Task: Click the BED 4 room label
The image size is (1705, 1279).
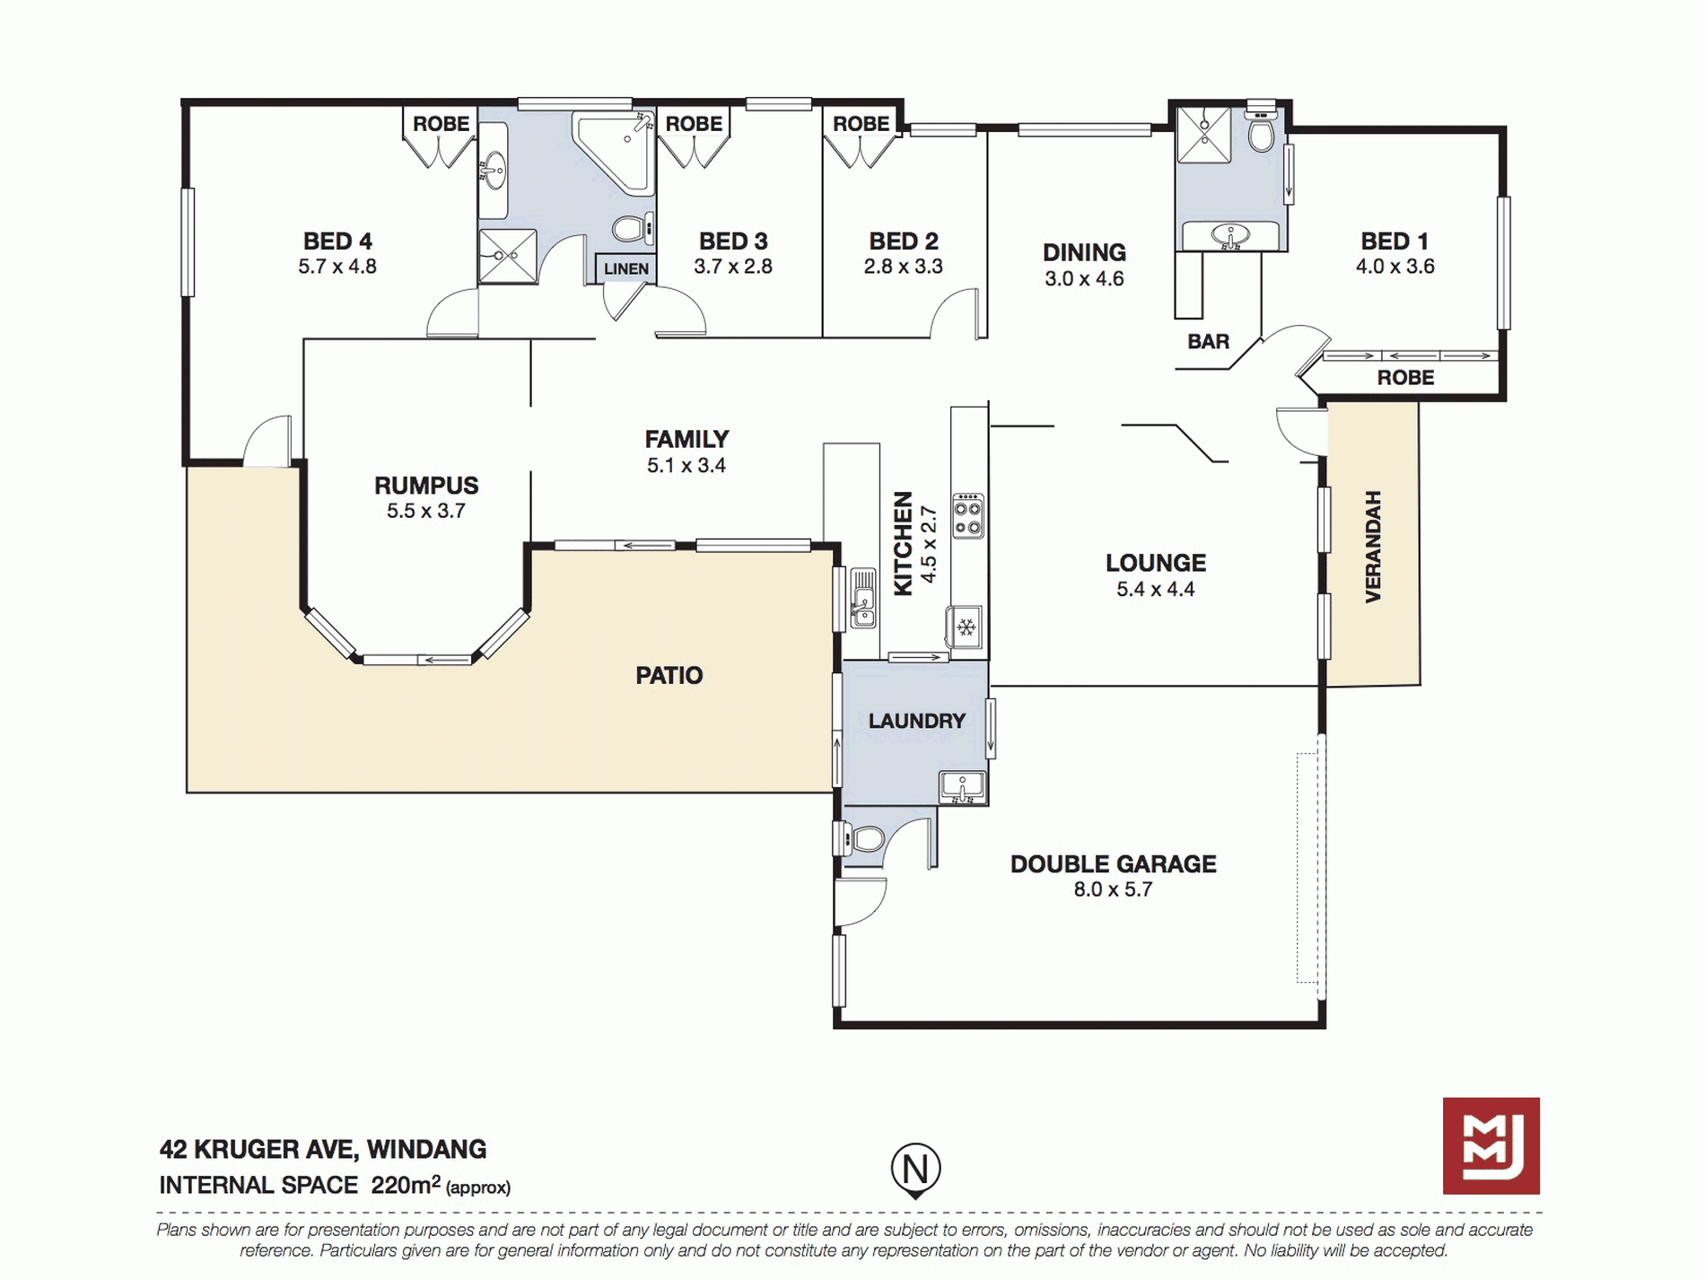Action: point(337,241)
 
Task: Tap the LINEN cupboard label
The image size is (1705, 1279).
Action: point(625,268)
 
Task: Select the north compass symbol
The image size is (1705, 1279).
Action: point(915,1170)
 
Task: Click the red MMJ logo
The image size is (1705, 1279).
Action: point(1491,1145)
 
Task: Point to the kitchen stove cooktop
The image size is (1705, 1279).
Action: point(967,515)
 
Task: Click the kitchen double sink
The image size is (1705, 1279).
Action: point(862,598)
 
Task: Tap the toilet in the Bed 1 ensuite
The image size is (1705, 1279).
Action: point(1261,129)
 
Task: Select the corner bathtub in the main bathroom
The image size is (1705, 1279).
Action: point(615,152)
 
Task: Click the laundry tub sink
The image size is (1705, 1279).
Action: point(963,786)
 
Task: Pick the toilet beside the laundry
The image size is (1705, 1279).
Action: point(861,839)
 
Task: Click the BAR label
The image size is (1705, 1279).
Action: point(1208,342)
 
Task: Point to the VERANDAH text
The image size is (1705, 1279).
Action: point(1372,546)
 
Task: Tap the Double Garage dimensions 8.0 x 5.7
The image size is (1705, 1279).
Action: point(1113,889)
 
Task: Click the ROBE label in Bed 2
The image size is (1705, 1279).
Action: point(861,124)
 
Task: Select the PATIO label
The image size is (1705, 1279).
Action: point(669,675)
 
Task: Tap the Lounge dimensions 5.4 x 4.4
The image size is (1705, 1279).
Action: point(1155,590)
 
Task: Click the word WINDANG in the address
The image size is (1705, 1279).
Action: point(427,1150)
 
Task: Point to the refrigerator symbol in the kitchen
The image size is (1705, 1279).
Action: point(966,626)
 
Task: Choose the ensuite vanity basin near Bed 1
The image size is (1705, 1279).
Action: point(1230,237)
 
